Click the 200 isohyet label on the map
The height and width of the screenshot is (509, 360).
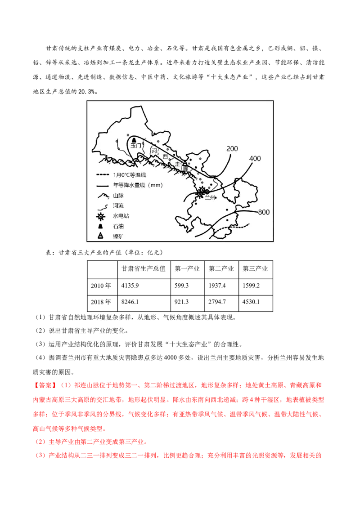pyautogui.click(x=232, y=149)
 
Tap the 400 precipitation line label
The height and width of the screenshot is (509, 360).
pyautogui.click(x=255, y=158)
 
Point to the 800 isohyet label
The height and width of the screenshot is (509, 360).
pyautogui.click(x=264, y=212)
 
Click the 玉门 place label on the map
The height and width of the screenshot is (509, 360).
pyautogui.click(x=135, y=145)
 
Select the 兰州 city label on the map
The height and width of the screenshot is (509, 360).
pyautogui.click(x=210, y=197)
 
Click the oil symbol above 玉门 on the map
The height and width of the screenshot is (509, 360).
pyautogui.click(x=134, y=140)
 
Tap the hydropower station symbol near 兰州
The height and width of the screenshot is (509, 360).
pyautogui.click(x=202, y=191)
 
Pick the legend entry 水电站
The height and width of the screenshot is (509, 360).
pyautogui.click(x=121, y=216)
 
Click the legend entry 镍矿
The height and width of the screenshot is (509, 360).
pyautogui.click(x=118, y=237)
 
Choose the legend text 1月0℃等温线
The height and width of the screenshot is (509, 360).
pyautogui.click(x=130, y=175)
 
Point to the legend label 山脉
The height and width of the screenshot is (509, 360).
pyautogui.click(x=118, y=196)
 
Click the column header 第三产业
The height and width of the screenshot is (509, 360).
pyautogui.click(x=255, y=268)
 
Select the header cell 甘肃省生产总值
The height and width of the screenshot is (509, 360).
pyautogui.click(x=143, y=268)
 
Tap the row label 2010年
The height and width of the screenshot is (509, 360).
pyautogui.click(x=101, y=286)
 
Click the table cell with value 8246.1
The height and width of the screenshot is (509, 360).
pyautogui.click(x=130, y=302)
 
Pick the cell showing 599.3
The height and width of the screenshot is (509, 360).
pyautogui.click(x=181, y=286)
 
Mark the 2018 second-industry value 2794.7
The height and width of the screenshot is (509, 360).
pyautogui.click(x=217, y=302)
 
